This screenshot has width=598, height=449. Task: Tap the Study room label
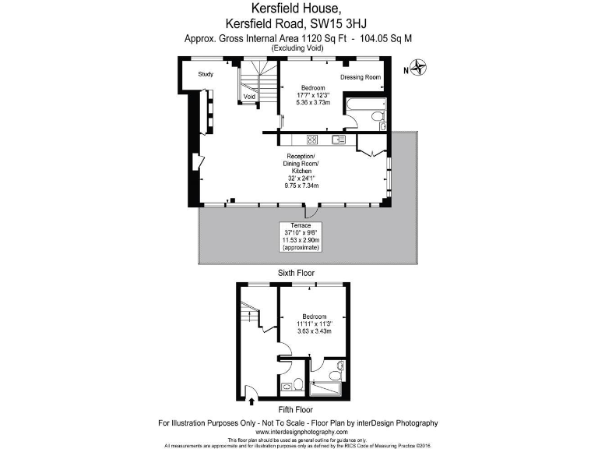pyautogui.click(x=206, y=75)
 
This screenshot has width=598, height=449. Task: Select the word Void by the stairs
pyautogui.click(x=250, y=97)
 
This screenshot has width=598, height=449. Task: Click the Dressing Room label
pyautogui.click(x=361, y=77)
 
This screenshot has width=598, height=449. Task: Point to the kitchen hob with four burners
pyautogui.click(x=311, y=140)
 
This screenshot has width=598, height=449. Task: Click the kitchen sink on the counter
pyautogui.click(x=338, y=140)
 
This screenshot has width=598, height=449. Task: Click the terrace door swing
pyautogui.click(x=311, y=211)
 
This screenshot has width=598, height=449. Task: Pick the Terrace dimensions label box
pyautogui.click(x=299, y=236)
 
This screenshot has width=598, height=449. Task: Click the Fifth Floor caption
pyautogui.click(x=295, y=409)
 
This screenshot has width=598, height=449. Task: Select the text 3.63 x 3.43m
pyautogui.click(x=314, y=331)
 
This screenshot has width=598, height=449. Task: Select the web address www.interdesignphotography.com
pyautogui.click(x=299, y=432)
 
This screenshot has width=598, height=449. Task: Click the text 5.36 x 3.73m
pyautogui.click(x=313, y=102)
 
